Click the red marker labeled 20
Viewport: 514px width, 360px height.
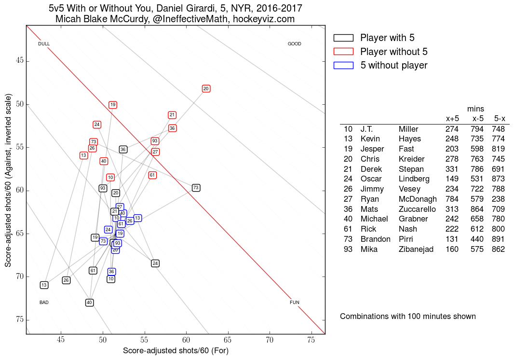tap(206, 89)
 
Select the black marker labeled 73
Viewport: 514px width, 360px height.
tap(196, 188)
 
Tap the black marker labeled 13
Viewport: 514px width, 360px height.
tap(44, 285)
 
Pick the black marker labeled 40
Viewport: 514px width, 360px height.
tap(89, 303)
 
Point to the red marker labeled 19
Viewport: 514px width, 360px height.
tap(113, 105)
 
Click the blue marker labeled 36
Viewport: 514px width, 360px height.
tap(111, 272)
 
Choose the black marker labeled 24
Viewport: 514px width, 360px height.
tap(155, 263)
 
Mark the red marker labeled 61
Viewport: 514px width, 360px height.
tap(152, 175)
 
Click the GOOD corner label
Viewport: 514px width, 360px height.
tap(294, 44)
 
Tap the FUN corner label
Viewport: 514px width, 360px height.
tap(295, 303)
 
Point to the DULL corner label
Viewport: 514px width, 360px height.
tap(44, 44)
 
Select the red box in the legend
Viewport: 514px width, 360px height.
tap(343, 52)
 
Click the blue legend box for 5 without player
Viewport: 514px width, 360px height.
tap(343, 65)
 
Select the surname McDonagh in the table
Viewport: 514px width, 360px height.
tap(418, 199)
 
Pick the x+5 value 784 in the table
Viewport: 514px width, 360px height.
tap(452, 199)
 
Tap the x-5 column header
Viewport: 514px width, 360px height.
tap(478, 118)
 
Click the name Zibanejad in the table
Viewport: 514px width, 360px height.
tap(416, 249)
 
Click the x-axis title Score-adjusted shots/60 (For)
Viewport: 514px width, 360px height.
tap(176, 351)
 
